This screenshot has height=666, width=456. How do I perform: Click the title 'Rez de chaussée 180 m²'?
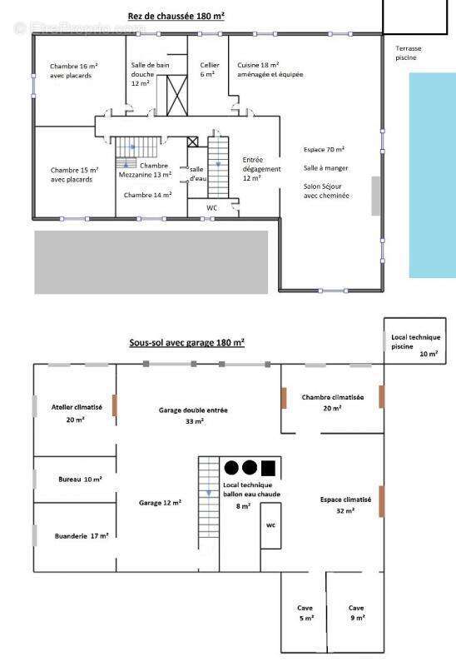tap(176, 16)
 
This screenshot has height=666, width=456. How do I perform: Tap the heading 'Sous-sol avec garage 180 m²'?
tap(187, 342)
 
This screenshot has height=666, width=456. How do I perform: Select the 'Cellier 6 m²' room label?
tap(210, 70)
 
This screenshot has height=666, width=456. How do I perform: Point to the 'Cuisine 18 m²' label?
tap(258, 65)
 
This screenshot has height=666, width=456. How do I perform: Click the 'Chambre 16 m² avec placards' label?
tap(74, 71)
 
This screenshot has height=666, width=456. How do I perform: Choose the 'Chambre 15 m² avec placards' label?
tap(74, 175)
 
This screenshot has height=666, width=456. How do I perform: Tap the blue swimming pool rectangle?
tap(432, 176)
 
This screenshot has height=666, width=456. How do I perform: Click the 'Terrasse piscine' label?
tap(408, 53)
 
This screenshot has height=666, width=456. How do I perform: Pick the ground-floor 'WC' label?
tap(212, 207)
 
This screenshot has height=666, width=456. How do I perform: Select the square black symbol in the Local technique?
tap(268, 468)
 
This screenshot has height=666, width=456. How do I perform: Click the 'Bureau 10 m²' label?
tap(80, 480)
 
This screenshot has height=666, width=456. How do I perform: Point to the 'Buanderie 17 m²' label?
tap(82, 536)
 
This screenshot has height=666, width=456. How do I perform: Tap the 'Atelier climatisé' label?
tap(77, 407)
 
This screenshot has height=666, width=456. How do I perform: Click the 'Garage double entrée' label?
tap(193, 410)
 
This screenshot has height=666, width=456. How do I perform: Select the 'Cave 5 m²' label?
tap(305, 613)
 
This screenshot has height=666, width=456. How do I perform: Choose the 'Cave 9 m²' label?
tap(356, 613)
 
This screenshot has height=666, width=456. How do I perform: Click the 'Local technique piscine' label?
tap(416, 342)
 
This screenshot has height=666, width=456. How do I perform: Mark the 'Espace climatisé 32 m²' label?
tap(345, 505)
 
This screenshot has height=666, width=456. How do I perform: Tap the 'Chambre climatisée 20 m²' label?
tap(333, 403)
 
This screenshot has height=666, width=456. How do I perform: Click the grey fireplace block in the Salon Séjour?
tap(376, 196)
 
